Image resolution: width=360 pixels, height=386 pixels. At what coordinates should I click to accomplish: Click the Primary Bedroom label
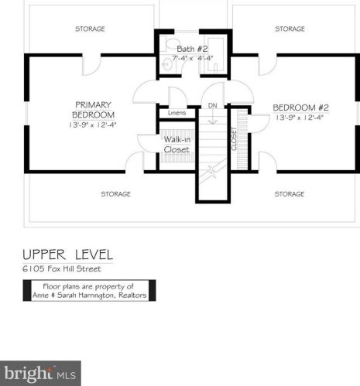coord(93,110)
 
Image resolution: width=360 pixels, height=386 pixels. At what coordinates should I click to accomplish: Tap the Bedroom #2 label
coord(301,108)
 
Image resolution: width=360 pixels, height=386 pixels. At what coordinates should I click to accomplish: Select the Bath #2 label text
coord(192,49)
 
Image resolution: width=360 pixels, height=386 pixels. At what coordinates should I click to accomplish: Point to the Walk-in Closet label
coord(177,145)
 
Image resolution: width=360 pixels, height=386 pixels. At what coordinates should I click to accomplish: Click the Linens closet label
coord(177,113)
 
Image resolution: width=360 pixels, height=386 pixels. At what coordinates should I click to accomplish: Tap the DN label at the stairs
coord(212,105)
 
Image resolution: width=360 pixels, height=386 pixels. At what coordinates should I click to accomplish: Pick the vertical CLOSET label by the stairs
coord(234,139)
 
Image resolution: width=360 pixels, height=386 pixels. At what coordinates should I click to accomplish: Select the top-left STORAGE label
coord(90,29)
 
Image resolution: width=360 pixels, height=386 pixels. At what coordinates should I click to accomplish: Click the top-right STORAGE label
coord(290,29)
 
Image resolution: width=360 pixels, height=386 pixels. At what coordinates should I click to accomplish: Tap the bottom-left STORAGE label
coord(115,194)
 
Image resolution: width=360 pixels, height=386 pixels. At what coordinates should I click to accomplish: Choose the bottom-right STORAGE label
coord(290,194)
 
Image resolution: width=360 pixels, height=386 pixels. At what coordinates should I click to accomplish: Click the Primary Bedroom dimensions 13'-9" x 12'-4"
coord(93,125)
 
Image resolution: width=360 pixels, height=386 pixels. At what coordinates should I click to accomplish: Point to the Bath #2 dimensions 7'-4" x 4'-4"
coord(193,58)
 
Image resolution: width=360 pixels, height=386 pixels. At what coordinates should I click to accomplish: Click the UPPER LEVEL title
coord(68,254)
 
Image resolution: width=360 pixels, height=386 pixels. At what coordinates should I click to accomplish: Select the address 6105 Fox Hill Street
coord(62,269)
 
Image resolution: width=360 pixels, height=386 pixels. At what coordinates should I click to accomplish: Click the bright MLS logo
coord(40,374)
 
